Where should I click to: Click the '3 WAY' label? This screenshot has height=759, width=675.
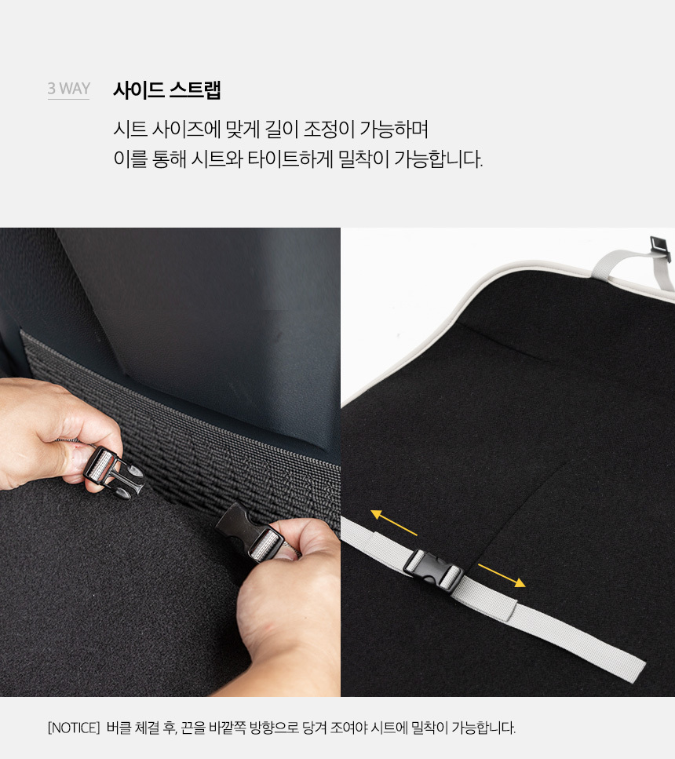pyautogui.click(x=69, y=89)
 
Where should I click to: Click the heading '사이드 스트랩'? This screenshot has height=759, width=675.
pyautogui.click(x=167, y=90)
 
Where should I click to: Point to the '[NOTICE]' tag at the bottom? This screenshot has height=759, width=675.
pyautogui.click(x=74, y=728)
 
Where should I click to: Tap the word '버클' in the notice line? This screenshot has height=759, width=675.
pyautogui.click(x=119, y=728)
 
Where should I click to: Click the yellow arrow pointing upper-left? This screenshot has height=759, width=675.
pyautogui.click(x=394, y=522)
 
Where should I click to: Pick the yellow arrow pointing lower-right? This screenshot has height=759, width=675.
pyautogui.click(x=502, y=575)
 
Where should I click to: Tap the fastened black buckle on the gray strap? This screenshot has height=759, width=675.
pyautogui.click(x=433, y=571)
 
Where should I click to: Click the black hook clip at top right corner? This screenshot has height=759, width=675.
pyautogui.click(x=660, y=243)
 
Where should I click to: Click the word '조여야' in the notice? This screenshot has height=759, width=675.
pyautogui.click(x=349, y=728)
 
